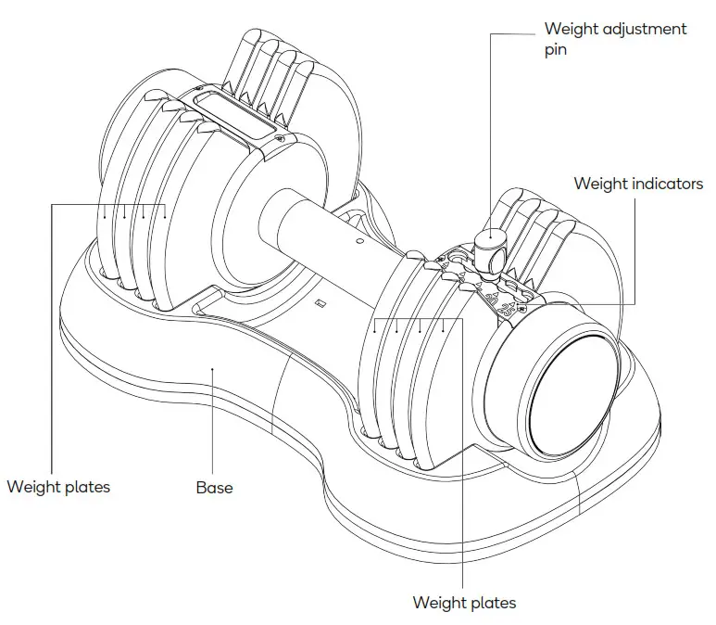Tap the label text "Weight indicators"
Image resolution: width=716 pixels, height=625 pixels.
point(638,184)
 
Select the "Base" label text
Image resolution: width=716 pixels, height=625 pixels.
point(214,487)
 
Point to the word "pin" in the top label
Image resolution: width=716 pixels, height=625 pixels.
point(555,50)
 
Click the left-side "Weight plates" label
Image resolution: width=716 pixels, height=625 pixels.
point(58,487)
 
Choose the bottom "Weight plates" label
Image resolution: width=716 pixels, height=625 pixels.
point(464,603)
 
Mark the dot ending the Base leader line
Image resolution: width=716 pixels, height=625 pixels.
point(213,368)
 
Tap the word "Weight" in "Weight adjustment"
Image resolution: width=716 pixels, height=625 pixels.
point(572,29)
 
